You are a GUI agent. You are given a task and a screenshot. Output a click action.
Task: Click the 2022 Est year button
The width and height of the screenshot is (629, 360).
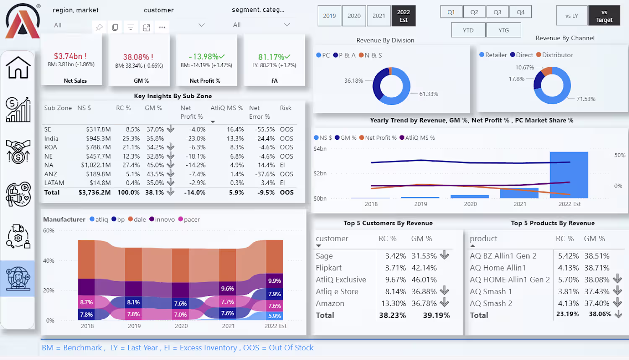point(403,16)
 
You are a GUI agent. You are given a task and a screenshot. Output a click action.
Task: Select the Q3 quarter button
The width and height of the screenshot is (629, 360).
point(497,12)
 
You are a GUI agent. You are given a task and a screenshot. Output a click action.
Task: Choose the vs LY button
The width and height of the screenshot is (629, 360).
point(572,16)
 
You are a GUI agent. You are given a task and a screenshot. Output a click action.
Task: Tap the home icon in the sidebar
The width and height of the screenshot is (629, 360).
point(18,68)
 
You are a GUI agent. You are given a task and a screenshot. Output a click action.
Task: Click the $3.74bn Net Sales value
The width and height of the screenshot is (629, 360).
point(70,56)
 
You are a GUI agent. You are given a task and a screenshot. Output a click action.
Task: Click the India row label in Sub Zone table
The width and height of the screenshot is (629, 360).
point(52,138)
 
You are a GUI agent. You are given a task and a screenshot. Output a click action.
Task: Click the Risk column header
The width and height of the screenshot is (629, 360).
point(286,108)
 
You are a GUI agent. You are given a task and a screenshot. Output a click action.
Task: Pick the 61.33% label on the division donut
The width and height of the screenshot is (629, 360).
point(429,94)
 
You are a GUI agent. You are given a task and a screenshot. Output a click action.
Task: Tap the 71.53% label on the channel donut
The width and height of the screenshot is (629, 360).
point(586,99)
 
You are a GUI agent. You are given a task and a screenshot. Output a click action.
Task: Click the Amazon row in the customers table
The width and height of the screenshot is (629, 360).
point(330,303)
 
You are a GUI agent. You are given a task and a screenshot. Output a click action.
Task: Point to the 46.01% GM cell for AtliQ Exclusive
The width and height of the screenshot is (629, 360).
point(424,280)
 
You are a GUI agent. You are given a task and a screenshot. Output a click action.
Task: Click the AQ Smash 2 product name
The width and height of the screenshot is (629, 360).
point(491,303)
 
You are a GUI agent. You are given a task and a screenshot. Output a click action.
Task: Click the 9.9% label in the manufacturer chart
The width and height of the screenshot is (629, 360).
point(275,281)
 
